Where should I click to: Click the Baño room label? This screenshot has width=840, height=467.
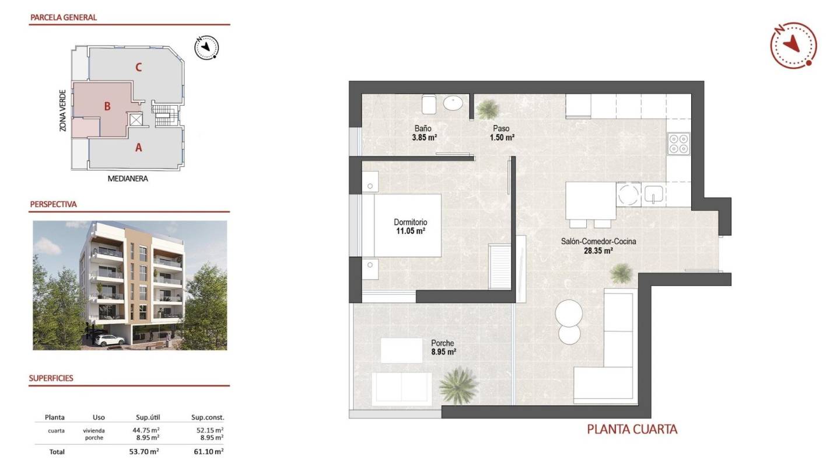click(422, 128)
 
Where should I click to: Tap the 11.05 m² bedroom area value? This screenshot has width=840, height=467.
click(410, 231)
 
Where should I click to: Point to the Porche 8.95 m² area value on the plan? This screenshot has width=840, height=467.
click(443, 352)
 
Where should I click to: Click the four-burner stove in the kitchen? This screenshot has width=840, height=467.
click(678, 144)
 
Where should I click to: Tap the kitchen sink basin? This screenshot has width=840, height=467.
click(654, 194)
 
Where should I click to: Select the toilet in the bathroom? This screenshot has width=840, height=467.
click(429, 104)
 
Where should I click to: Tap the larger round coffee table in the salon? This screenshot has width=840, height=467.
click(569, 313)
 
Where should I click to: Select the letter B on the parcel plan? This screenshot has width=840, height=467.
click(107, 106)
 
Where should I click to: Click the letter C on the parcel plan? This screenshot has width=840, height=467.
click(138, 67)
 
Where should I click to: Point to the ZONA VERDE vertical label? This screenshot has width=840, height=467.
click(62, 110)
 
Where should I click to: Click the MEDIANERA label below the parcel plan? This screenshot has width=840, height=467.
click(128, 179)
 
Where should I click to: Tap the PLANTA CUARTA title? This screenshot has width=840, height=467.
click(632, 430)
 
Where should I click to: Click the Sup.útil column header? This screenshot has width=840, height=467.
click(148, 417)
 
